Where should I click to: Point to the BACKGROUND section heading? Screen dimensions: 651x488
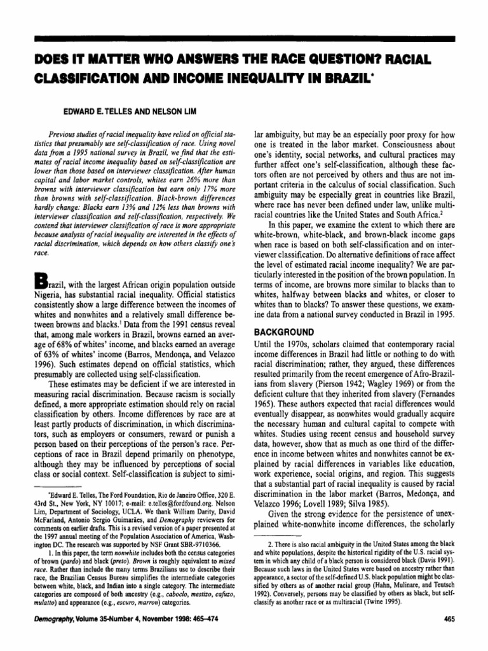coord(286,332)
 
